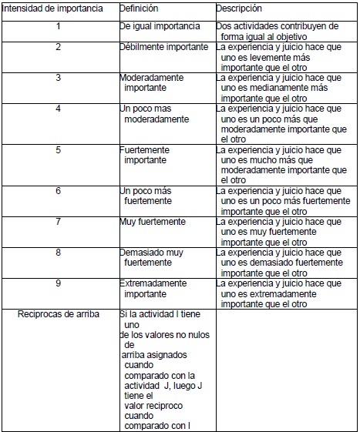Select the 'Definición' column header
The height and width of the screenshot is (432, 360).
tap(140, 8)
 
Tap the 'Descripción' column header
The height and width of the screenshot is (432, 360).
tap(240, 8)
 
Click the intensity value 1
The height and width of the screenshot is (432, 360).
tap(59, 26)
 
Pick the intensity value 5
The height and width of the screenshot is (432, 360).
tap(59, 150)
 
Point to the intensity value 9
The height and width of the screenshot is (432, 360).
tap(59, 283)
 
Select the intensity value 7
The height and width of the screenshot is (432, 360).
tap(59, 222)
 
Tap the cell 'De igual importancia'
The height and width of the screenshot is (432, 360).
tap(160, 26)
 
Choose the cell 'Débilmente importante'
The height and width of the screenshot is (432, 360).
tap(164, 47)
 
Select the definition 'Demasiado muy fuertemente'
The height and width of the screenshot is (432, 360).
tap(152, 257)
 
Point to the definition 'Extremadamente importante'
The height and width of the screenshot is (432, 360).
tap(153, 288)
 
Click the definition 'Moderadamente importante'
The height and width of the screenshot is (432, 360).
tap(151, 83)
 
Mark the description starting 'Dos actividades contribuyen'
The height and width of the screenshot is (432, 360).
tap(278, 31)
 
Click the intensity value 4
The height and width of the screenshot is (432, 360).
tap(59, 109)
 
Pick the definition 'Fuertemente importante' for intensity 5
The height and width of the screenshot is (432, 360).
tap(148, 155)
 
